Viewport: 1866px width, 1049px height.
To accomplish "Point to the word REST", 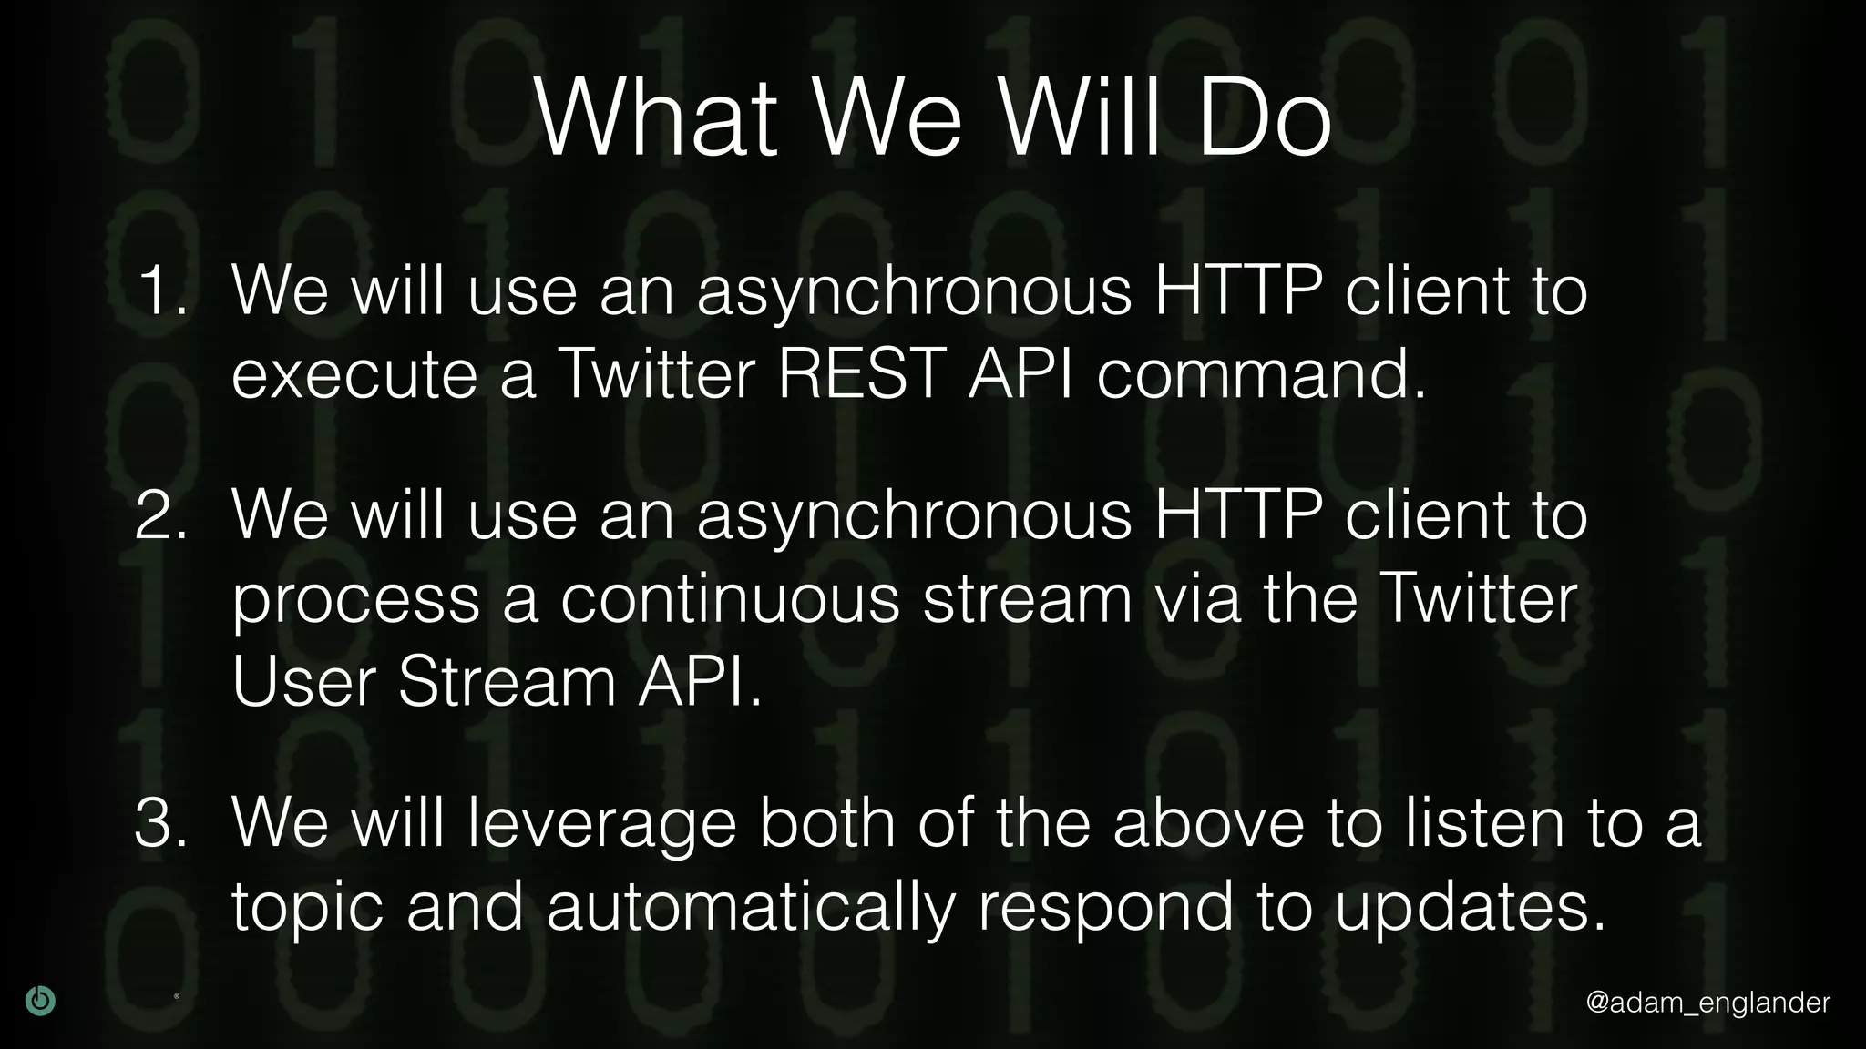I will (x=860, y=374).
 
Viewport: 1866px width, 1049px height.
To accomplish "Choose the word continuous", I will (x=730, y=599).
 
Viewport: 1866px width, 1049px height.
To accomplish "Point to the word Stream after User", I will (x=507, y=682).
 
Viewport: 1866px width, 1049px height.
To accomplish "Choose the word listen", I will (x=1482, y=822).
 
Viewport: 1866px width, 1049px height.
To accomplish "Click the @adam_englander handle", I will (x=1707, y=1003).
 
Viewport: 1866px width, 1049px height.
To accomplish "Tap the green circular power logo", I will (x=40, y=1001).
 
